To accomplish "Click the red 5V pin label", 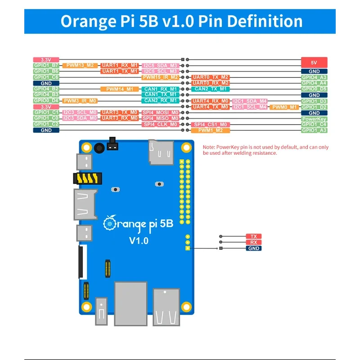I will coord(314,63).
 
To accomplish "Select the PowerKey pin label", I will coord(314,119).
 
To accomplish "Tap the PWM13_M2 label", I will coord(80,65).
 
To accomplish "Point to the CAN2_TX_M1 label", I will coord(211,89).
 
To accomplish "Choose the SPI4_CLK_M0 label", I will coord(161,124).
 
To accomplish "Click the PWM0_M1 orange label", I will coord(284,107).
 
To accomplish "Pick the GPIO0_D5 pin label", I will coord(314,89).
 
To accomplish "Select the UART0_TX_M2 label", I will coord(211,77).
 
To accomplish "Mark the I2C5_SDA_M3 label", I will coord(161,65).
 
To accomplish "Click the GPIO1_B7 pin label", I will coord(46,65).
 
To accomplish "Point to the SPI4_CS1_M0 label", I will coord(211,124).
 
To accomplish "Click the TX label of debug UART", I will coord(253,236).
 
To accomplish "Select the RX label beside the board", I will coord(253,242).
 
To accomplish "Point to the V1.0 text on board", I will coord(139,240).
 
